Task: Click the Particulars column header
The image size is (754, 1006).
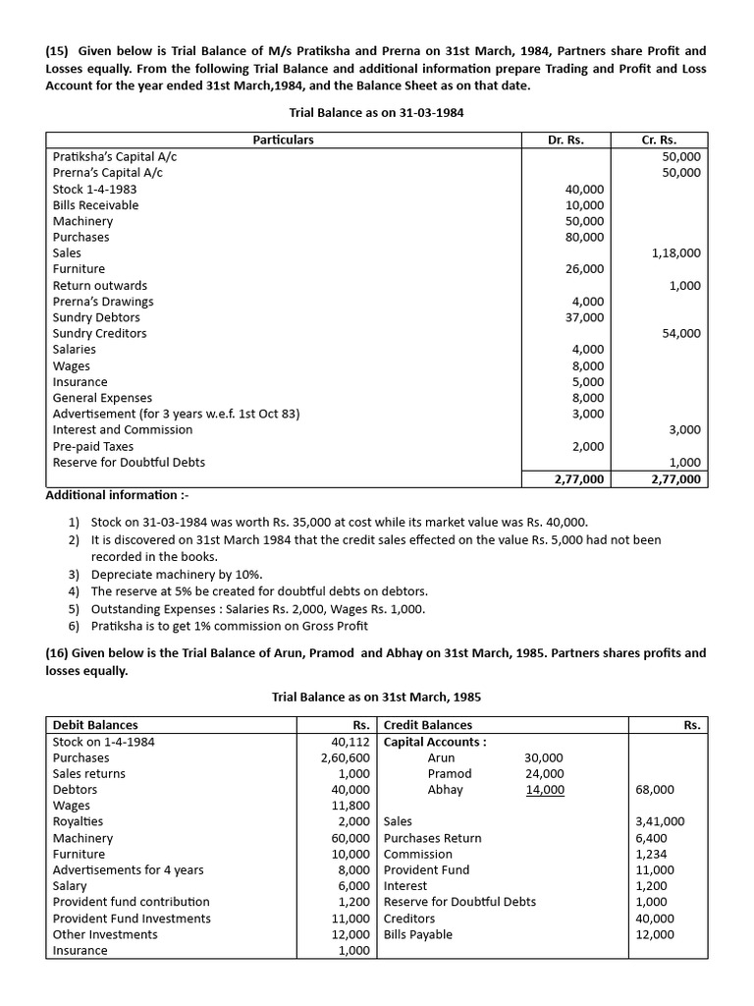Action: click(283, 140)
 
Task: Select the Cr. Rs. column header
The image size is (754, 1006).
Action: click(659, 140)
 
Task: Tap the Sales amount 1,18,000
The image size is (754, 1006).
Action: click(675, 252)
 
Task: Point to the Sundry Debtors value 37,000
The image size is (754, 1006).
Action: click(586, 317)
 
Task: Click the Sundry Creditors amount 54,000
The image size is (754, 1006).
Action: click(681, 333)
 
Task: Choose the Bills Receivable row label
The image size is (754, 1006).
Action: click(95, 205)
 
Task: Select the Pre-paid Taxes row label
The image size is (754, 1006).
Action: click(93, 446)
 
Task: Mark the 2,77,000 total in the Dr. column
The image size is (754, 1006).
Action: click(579, 478)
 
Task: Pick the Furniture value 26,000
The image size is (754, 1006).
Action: click(586, 269)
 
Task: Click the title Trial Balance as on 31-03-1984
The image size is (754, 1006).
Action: click(377, 113)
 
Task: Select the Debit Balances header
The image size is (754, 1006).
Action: click(95, 725)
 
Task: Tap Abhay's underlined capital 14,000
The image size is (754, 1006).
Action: click(545, 790)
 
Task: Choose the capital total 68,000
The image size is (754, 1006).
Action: click(655, 790)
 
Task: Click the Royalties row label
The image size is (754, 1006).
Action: click(78, 821)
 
